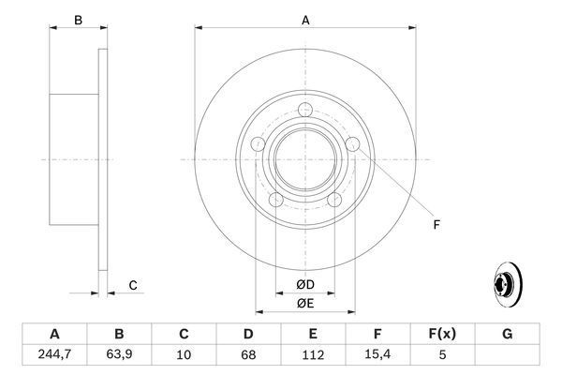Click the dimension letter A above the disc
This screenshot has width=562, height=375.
click(x=305, y=19)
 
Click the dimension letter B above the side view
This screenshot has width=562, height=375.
click(x=79, y=19)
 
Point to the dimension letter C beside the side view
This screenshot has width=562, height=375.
click(x=133, y=285)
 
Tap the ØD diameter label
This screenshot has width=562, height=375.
click(x=305, y=284)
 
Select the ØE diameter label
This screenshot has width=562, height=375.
click(x=305, y=302)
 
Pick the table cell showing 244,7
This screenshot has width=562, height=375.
click(x=55, y=354)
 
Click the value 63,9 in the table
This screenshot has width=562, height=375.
click(x=120, y=354)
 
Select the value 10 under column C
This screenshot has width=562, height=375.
click(x=185, y=354)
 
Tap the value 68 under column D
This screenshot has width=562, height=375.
click(x=248, y=354)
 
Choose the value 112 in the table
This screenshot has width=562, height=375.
click(x=313, y=354)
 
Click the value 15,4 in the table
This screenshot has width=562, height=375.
click(x=377, y=354)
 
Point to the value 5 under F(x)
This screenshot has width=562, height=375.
click(x=442, y=354)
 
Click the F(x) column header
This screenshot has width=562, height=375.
click(x=442, y=334)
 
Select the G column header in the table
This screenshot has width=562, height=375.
click(x=507, y=334)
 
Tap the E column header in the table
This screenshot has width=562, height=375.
click(x=313, y=334)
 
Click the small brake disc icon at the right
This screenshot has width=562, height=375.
click(x=507, y=284)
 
